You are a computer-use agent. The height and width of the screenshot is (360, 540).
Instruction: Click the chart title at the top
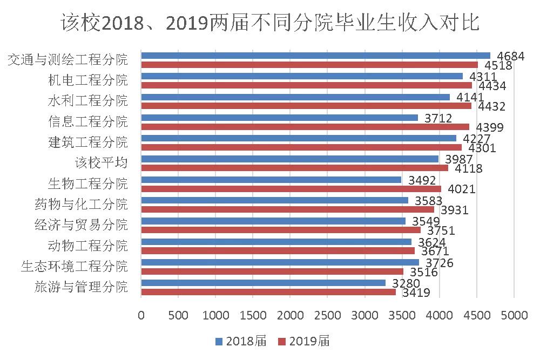[x=270, y=23]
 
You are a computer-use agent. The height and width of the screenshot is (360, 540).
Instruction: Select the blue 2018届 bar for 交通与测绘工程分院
[x=315, y=55]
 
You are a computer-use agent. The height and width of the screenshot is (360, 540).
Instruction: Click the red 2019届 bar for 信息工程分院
[x=305, y=127]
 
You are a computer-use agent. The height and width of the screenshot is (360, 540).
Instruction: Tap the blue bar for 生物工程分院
[x=271, y=179]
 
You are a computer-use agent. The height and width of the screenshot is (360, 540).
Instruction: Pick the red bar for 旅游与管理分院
[x=268, y=292]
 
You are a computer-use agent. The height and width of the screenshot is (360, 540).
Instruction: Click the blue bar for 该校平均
[x=289, y=159]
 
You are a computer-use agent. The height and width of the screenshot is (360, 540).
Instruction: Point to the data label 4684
[x=511, y=56]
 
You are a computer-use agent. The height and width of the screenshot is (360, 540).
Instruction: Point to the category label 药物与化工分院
[x=80, y=204]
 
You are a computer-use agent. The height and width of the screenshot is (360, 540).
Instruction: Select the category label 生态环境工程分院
[x=74, y=266]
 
